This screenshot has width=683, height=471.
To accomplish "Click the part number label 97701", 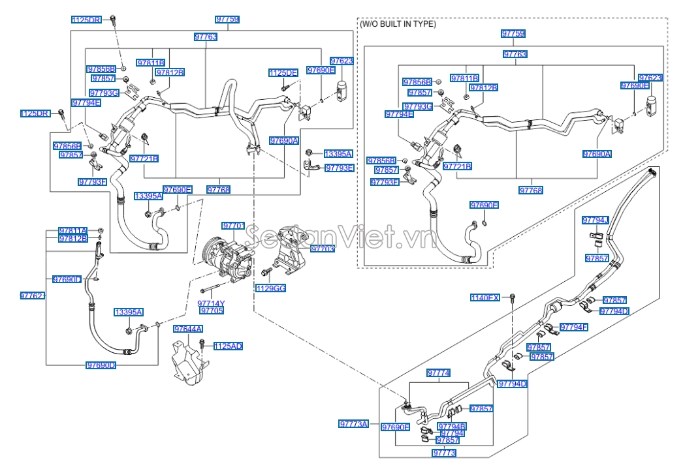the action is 233,226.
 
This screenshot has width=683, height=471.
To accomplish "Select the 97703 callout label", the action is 323,249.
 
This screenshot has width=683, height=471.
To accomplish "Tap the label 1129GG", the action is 270,288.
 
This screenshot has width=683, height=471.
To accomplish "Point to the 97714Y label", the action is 212,303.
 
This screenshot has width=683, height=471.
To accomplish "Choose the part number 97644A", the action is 188,329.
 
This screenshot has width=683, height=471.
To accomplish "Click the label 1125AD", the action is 229,346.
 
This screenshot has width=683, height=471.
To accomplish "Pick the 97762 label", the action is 33,296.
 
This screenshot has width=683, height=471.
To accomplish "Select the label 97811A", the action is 73,231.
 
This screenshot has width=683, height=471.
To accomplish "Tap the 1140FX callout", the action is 485,297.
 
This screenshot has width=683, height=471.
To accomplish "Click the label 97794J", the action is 596,220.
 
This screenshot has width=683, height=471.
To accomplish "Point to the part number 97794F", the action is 574,327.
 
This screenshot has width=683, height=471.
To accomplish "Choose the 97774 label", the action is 439,372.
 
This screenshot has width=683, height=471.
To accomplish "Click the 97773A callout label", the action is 354,423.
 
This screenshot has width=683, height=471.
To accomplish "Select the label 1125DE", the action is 283,72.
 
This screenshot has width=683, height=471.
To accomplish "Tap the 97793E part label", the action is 340,168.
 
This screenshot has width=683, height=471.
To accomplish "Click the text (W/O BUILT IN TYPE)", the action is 398,24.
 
